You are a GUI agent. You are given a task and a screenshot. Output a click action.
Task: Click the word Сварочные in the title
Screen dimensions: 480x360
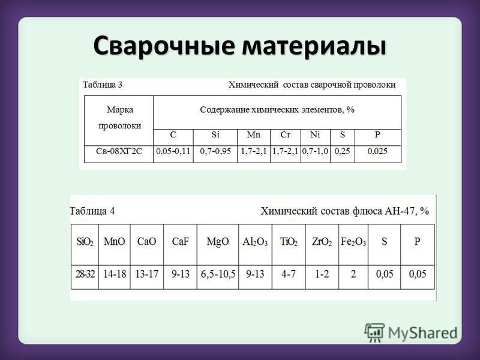pos(164,46)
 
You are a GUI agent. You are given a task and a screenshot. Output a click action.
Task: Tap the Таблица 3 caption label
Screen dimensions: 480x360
pos(102,85)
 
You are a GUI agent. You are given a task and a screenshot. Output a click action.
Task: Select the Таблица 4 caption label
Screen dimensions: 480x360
pos(92,211)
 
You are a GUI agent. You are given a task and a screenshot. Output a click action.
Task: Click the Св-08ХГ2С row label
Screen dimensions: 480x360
pos(119,151)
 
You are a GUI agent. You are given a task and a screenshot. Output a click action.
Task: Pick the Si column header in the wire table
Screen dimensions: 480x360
pos(215,134)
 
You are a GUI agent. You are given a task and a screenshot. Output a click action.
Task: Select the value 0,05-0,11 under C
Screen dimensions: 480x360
pos(173,151)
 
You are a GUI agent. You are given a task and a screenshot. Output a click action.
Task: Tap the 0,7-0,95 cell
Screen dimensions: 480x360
pos(215,151)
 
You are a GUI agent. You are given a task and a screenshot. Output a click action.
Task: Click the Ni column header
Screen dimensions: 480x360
pos(316,134)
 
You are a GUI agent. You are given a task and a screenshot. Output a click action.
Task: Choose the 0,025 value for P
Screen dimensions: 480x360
pos(377,151)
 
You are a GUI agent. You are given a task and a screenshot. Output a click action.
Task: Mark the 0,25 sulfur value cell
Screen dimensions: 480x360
pos(342,151)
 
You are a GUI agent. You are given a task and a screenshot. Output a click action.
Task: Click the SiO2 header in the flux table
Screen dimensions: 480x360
pos(85,242)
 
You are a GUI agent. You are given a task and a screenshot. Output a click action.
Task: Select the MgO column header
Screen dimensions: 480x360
pos(218,242)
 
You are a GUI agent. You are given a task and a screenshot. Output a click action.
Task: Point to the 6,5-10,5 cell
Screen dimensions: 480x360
pos(218,274)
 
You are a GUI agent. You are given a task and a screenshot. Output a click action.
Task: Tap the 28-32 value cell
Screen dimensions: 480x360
pos(85,274)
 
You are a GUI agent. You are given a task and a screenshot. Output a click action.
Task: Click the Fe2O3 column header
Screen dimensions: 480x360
pos(353,242)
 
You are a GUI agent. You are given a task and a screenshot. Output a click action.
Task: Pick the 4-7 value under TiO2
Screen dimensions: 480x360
pos(289,274)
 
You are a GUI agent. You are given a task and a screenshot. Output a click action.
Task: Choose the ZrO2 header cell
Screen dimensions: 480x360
pos(322,242)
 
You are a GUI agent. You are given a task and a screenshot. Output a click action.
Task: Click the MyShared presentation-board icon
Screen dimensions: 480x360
pos(374,332)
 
